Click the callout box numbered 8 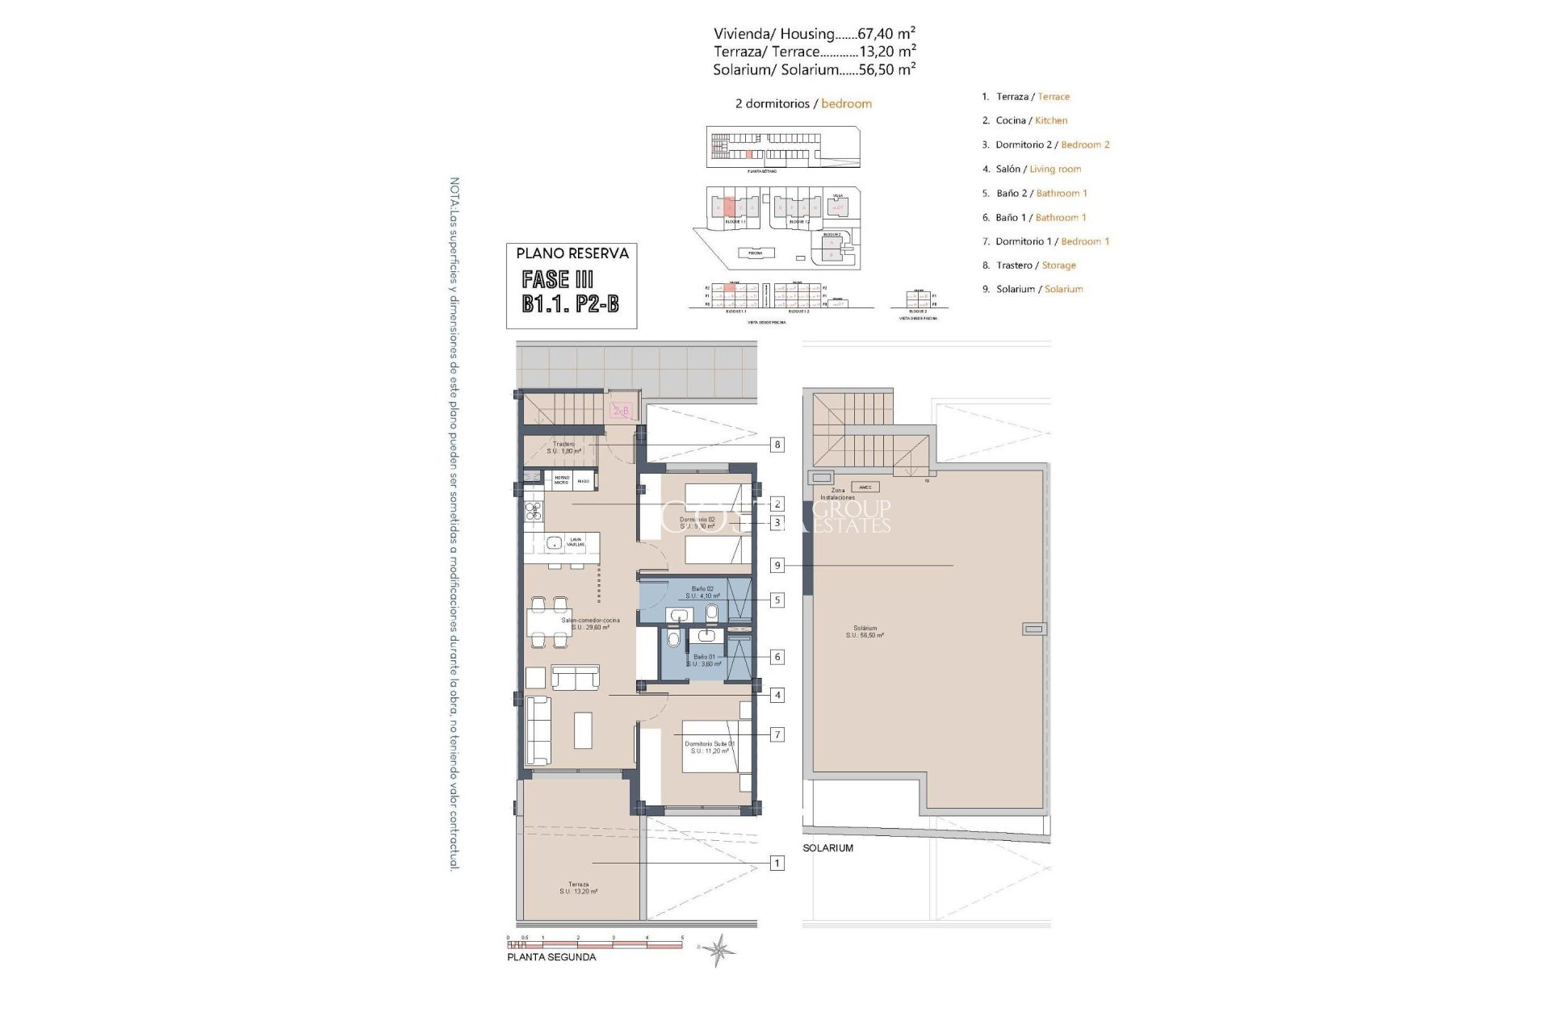click(x=777, y=444)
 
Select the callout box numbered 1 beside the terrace click(x=777, y=864)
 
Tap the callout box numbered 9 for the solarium click(x=777, y=566)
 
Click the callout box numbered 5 click(x=777, y=600)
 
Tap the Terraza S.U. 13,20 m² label click(x=578, y=888)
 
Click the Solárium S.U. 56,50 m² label click(x=865, y=631)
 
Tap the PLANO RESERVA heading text click(x=572, y=253)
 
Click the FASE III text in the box click(x=557, y=279)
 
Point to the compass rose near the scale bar click(x=718, y=951)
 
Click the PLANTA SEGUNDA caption click(x=551, y=957)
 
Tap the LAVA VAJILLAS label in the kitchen click(x=575, y=542)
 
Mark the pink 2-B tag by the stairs click(x=621, y=411)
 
